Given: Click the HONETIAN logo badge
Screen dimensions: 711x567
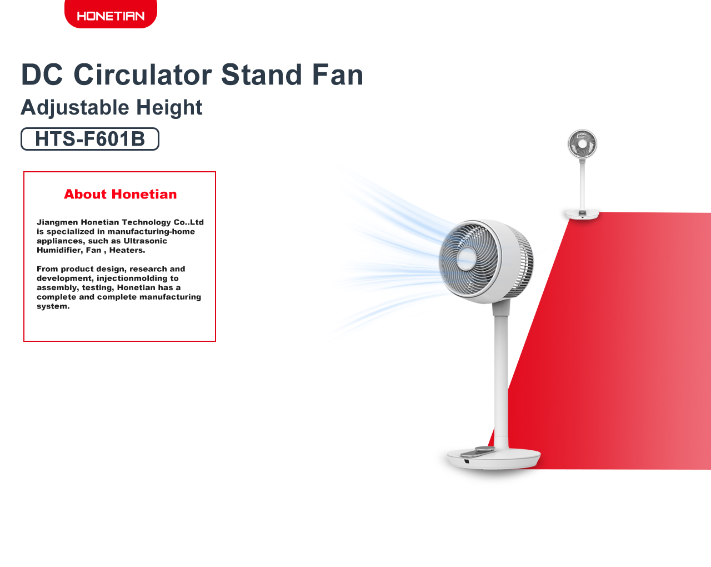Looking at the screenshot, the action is (111, 14).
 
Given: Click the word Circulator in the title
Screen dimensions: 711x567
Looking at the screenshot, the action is (143, 74).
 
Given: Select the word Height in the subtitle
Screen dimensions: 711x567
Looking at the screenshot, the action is (169, 108).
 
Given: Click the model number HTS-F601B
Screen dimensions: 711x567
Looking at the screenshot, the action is (90, 139).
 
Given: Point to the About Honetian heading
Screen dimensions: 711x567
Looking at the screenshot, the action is (121, 194).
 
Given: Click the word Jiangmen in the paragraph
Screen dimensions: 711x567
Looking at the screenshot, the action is (57, 222).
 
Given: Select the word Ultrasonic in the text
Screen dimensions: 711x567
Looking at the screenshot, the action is (145, 241).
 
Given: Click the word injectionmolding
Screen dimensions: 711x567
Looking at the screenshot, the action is (137, 278).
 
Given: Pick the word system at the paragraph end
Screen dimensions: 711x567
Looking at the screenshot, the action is (53, 306).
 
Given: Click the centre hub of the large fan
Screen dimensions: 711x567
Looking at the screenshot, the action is (467, 258).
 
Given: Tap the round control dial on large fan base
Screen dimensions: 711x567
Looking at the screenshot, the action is (485, 449).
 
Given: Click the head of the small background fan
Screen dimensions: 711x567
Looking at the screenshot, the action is (583, 144).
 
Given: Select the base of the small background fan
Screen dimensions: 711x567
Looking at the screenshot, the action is (582, 214).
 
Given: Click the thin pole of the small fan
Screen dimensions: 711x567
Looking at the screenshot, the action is (583, 185).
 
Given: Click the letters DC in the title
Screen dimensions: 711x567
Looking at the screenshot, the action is (42, 74).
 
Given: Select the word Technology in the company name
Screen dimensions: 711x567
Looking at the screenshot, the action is (149, 222).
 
